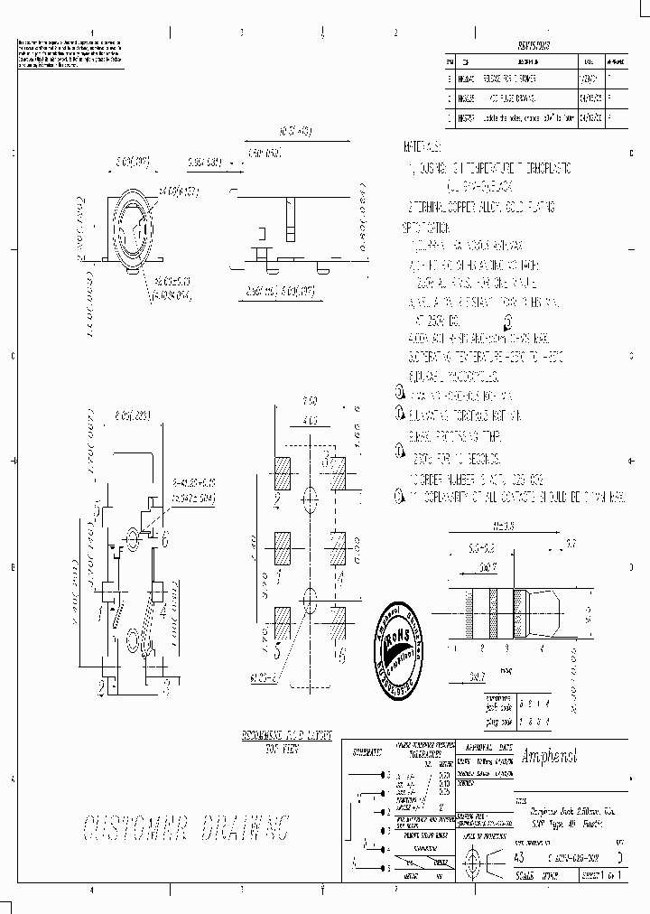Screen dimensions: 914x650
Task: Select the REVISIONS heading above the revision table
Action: coord(533,43)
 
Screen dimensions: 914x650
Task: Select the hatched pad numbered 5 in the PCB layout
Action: coord(283,623)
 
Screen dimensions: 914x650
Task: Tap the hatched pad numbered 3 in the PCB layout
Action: coord(337,471)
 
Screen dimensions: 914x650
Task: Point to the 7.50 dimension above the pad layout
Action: coord(310,401)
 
